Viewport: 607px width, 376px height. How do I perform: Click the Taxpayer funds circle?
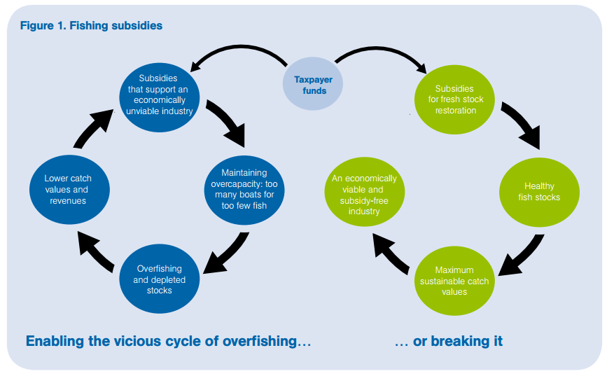[313, 85]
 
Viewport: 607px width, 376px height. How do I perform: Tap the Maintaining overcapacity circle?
[244, 188]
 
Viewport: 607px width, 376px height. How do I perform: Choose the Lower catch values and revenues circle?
[67, 189]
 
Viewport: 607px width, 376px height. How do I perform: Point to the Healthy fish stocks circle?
[538, 191]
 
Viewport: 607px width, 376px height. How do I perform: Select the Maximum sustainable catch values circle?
[454, 280]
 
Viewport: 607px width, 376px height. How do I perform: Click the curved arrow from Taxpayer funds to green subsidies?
[385, 55]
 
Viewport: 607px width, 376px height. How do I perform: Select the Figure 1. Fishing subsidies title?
[92, 26]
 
